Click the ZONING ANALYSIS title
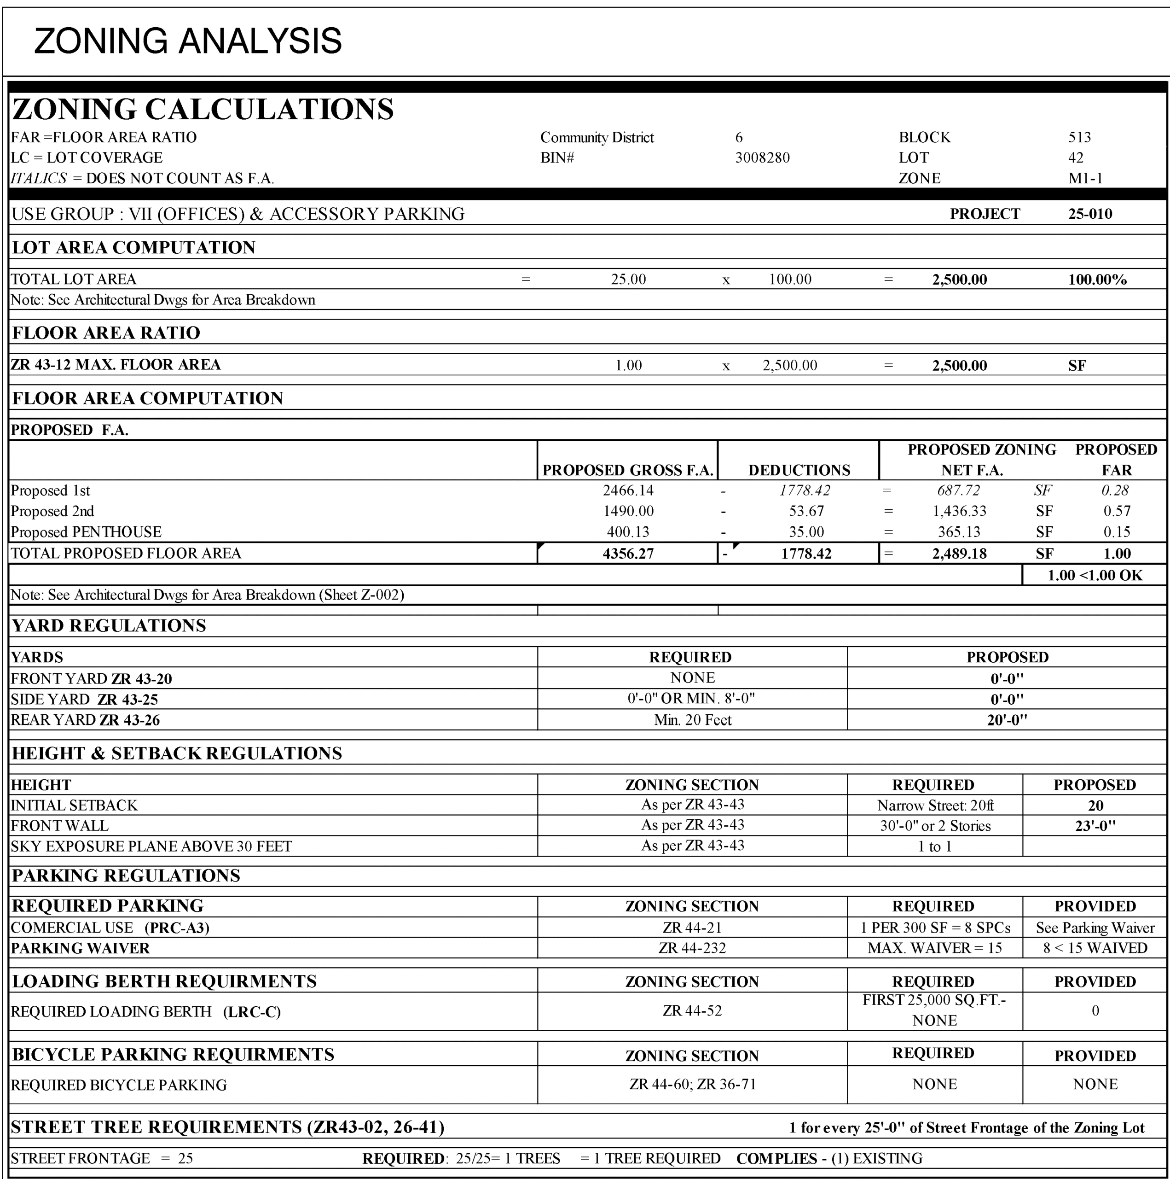point(187,41)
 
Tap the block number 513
point(1079,137)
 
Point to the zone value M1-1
point(1085,178)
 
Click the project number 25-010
point(1089,214)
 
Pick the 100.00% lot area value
point(1097,280)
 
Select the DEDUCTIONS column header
point(799,470)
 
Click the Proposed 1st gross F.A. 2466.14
point(628,490)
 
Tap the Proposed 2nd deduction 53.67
point(806,511)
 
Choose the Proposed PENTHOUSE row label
point(86,532)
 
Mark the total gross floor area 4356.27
point(628,554)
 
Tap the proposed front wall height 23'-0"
point(1095,826)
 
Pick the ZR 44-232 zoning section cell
point(692,948)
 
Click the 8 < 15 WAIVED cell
point(1095,948)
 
